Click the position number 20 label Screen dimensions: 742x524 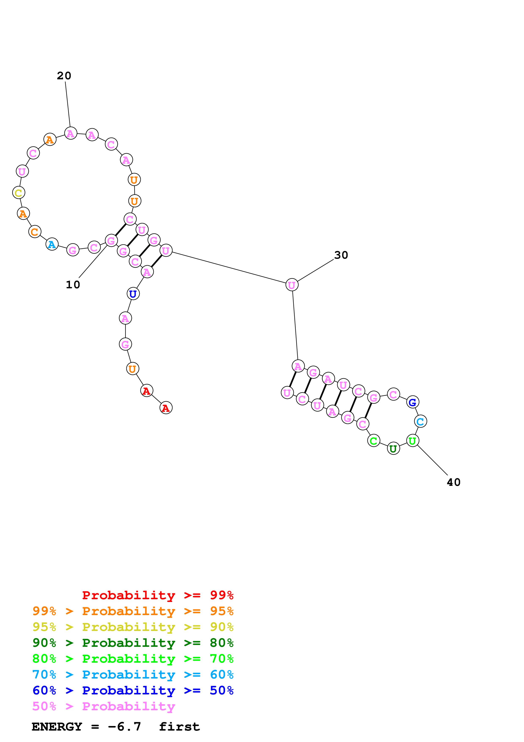click(64, 76)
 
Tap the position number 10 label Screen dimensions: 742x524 click(73, 285)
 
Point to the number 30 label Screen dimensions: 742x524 click(341, 255)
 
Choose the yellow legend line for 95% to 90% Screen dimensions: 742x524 click(133, 627)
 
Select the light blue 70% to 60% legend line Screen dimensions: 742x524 click(133, 675)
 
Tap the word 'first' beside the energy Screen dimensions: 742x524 click(179, 727)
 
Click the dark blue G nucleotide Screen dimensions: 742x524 click(412, 402)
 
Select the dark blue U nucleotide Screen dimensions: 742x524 click(133, 294)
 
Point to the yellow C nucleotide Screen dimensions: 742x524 click(18, 193)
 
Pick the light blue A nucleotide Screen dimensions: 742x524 click(52, 244)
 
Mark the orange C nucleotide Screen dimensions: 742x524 click(34, 231)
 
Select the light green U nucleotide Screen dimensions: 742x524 click(412, 440)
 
